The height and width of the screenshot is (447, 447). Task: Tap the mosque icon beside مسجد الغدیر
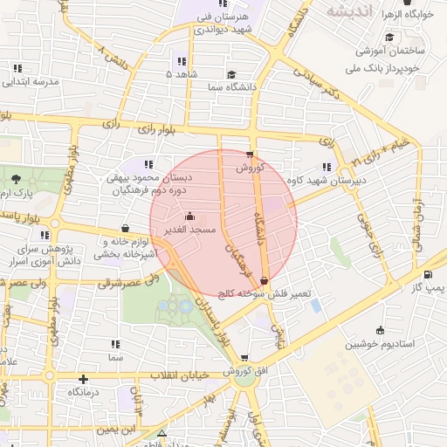[190, 216]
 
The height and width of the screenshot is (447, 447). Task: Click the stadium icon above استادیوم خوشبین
[380, 330]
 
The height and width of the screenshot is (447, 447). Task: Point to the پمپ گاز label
[430, 287]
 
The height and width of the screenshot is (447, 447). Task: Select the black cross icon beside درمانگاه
[83, 379]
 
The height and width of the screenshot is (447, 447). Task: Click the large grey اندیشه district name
[350, 11]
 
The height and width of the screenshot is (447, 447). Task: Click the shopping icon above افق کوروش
[244, 357]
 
